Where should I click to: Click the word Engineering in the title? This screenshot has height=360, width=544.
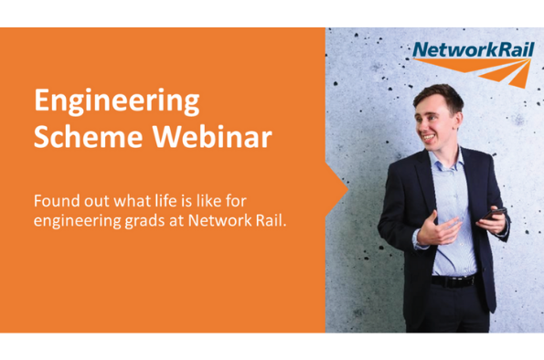tap(117, 101)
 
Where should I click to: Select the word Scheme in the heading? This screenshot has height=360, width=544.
tap(89, 136)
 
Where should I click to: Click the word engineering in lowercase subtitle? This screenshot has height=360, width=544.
tap(78, 221)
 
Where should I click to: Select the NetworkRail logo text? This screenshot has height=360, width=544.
tap(474, 49)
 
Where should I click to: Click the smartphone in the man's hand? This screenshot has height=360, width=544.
tap(494, 213)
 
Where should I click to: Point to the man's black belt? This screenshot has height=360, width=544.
tap(453, 281)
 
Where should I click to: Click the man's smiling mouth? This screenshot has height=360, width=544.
tap(428, 138)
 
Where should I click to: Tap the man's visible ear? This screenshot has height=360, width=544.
tap(458, 120)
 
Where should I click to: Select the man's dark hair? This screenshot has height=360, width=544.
tap(440, 97)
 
